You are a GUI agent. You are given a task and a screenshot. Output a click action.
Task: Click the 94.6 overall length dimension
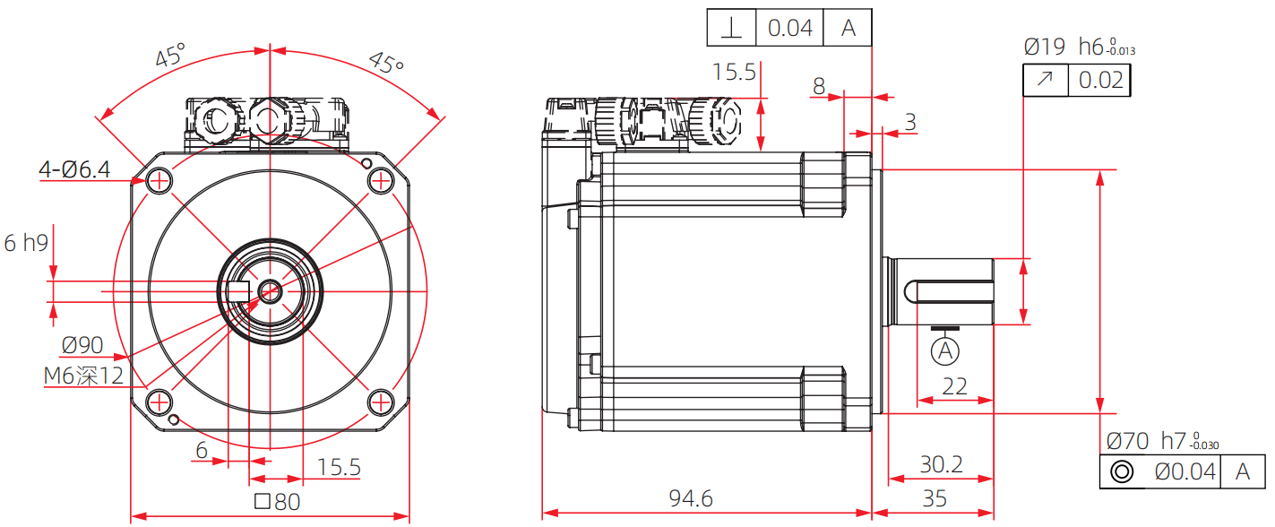coord(690,498)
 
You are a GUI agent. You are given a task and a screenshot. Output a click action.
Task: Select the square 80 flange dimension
coord(277,502)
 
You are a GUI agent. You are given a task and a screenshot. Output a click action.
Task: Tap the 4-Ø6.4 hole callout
coord(75,169)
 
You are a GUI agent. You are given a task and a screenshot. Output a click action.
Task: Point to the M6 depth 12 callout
coord(84,376)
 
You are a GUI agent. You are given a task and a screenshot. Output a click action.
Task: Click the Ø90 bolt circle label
coord(82,345)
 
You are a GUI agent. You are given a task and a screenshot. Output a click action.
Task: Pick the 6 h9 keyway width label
coord(26,242)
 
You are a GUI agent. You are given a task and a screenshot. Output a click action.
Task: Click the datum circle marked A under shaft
coord(945,351)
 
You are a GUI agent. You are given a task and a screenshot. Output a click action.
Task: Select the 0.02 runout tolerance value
coord(1100,81)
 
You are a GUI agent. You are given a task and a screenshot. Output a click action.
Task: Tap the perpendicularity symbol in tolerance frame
coord(732,28)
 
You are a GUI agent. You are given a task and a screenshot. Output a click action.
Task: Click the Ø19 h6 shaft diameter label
coord(1078,47)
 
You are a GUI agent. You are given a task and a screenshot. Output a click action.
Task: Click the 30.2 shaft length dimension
coord(941,464)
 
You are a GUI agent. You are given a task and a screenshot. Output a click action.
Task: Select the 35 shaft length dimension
coord(934,498)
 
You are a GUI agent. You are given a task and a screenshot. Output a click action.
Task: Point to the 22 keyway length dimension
coord(955,385)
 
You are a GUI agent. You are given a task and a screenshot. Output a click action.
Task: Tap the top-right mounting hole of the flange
coord(381,181)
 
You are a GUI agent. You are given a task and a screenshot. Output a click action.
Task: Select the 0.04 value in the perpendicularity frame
coord(789,28)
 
